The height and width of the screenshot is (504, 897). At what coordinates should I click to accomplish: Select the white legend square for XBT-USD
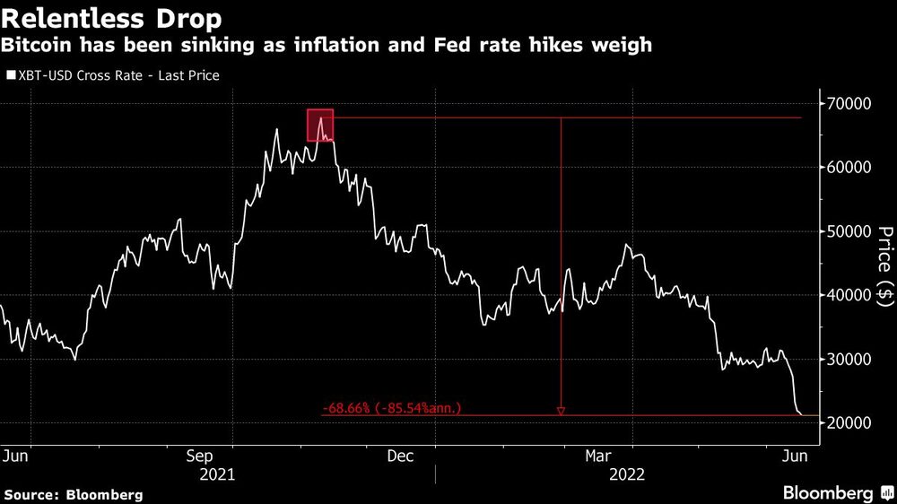(x=10, y=76)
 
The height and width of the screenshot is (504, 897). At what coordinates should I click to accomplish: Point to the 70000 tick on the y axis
(x=847, y=104)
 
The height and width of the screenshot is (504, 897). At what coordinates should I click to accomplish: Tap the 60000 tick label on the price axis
(x=847, y=168)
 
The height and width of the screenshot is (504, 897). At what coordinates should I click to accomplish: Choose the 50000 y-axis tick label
(x=847, y=231)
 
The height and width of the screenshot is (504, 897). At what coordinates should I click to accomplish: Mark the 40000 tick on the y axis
(x=847, y=295)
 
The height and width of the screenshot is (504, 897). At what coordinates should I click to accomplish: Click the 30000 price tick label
(x=847, y=359)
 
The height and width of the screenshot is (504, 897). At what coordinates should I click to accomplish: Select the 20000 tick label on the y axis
(x=847, y=422)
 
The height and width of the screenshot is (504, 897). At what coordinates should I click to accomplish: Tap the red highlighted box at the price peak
(x=320, y=125)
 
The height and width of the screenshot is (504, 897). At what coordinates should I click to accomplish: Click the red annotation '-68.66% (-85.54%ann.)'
(x=392, y=408)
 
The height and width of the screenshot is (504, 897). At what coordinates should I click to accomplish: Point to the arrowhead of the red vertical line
(x=561, y=412)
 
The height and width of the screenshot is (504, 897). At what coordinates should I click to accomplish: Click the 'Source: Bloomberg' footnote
(x=74, y=494)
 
